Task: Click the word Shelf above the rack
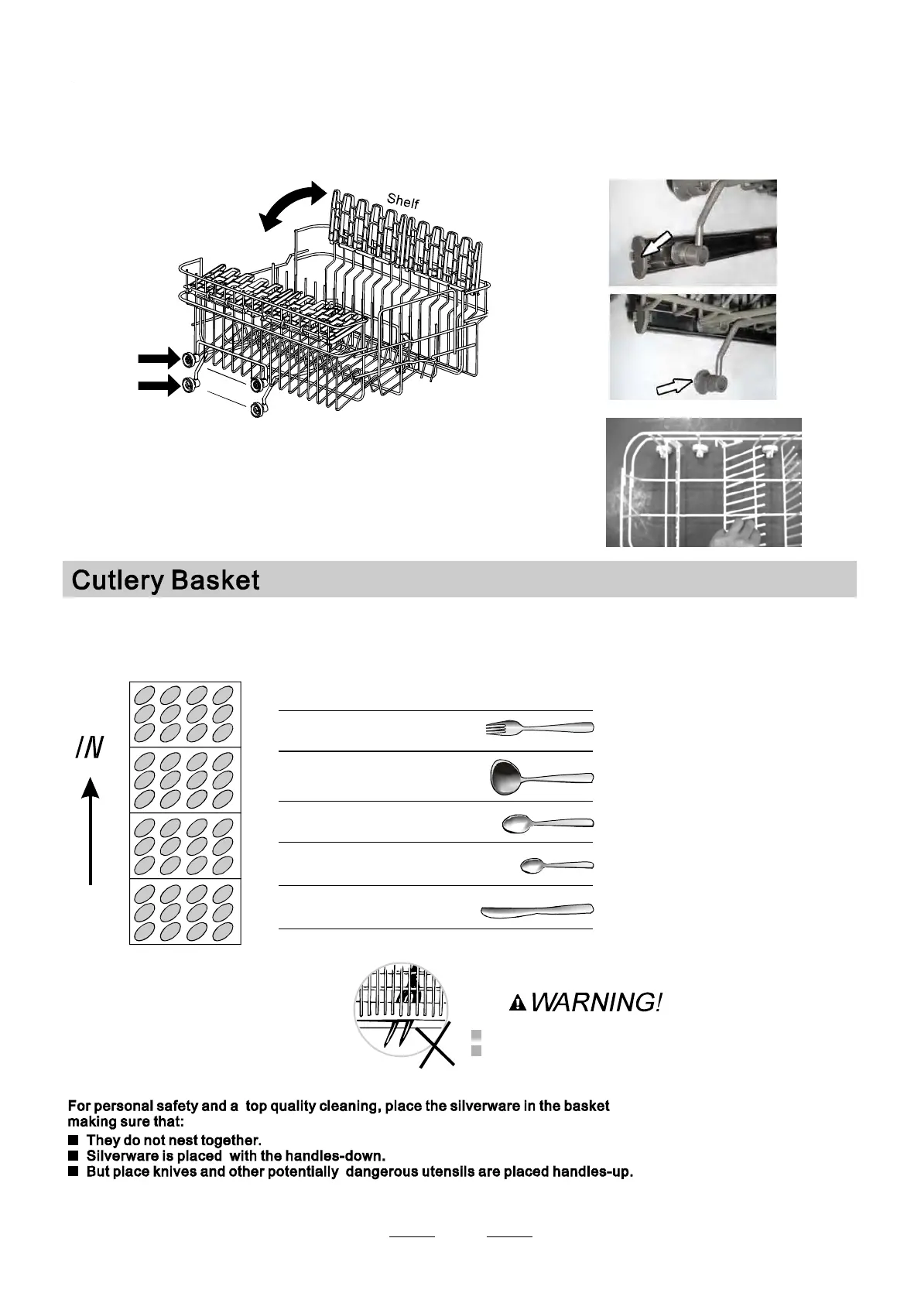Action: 403,201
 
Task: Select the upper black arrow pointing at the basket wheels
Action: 159,358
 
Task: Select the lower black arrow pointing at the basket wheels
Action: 159,385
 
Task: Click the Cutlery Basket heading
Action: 166,580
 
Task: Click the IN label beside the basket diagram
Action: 90,748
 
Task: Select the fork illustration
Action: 539,727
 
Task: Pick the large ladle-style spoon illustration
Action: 542,777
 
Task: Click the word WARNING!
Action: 596,1003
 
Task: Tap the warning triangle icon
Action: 518,1004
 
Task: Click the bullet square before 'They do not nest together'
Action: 74,1140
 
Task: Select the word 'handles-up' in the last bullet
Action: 592,1171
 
